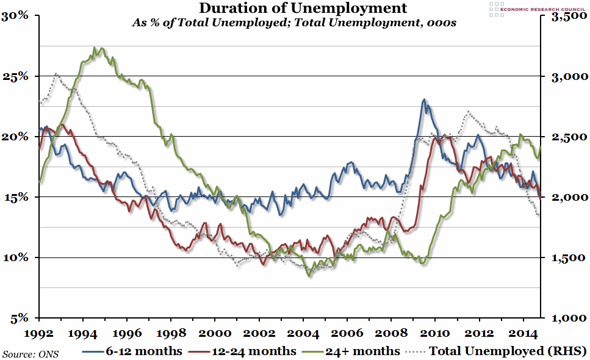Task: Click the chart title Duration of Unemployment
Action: tap(295, 8)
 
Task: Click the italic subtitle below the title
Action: tap(295, 23)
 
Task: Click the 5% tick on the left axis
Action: tap(20, 318)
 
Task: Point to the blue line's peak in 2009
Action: tap(423, 99)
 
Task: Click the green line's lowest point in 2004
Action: tap(309, 276)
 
